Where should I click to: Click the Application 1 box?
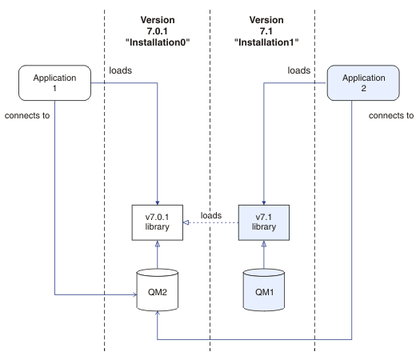(x=54, y=82)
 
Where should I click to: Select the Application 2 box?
(x=363, y=82)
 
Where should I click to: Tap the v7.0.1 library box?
(x=158, y=222)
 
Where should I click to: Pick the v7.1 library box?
(x=264, y=222)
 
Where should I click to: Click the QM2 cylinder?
(x=158, y=290)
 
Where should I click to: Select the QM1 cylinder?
(x=264, y=290)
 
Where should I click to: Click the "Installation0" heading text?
(x=158, y=42)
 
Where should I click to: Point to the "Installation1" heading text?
(x=266, y=42)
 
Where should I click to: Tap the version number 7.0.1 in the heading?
(x=158, y=31)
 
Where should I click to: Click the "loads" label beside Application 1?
(x=121, y=70)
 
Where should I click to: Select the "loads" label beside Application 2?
(x=299, y=70)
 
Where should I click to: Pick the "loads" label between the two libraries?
(x=211, y=216)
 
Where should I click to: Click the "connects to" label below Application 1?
(x=27, y=115)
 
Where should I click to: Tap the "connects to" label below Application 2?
(x=391, y=115)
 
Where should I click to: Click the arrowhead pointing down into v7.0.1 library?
(x=158, y=202)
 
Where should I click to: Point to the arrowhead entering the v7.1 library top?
(x=264, y=202)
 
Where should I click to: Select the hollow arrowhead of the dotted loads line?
(x=186, y=222)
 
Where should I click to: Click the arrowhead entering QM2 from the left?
(x=135, y=295)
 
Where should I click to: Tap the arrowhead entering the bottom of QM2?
(x=158, y=313)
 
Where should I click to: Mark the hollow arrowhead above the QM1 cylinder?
(x=264, y=243)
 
